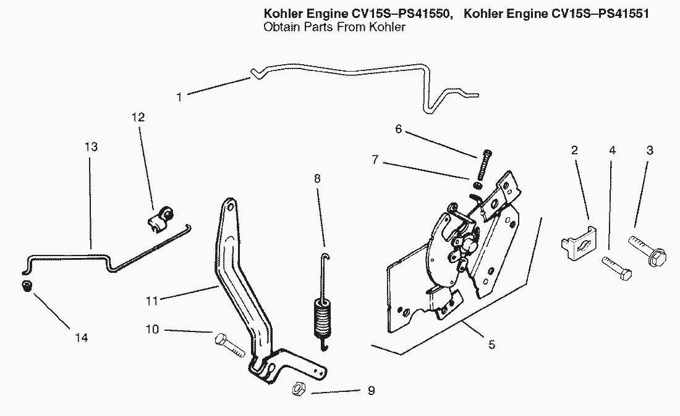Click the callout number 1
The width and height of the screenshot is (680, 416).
[179, 97]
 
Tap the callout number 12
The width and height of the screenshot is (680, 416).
[138, 117]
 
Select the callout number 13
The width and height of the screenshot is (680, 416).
[91, 148]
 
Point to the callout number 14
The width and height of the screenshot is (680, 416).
[82, 338]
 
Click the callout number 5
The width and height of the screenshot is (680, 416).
[491, 344]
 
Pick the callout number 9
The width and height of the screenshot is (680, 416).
[370, 391]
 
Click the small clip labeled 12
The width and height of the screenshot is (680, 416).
[160, 218]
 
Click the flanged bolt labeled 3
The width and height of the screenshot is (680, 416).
[646, 249]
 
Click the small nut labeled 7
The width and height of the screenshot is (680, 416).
[477, 184]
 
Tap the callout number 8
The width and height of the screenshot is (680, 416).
[317, 178]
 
